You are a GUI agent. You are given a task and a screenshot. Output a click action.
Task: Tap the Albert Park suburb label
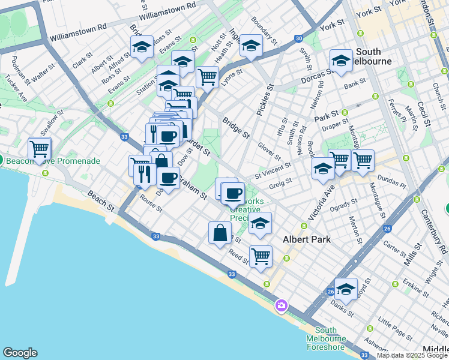coord(307,239)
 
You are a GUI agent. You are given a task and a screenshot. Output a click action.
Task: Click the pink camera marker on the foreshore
coord(282,306)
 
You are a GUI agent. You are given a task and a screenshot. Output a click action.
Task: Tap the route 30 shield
coord(298,38)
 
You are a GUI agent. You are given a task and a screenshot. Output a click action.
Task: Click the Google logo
coord(20,353)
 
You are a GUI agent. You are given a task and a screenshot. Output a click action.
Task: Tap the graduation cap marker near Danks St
coord(346,289)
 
